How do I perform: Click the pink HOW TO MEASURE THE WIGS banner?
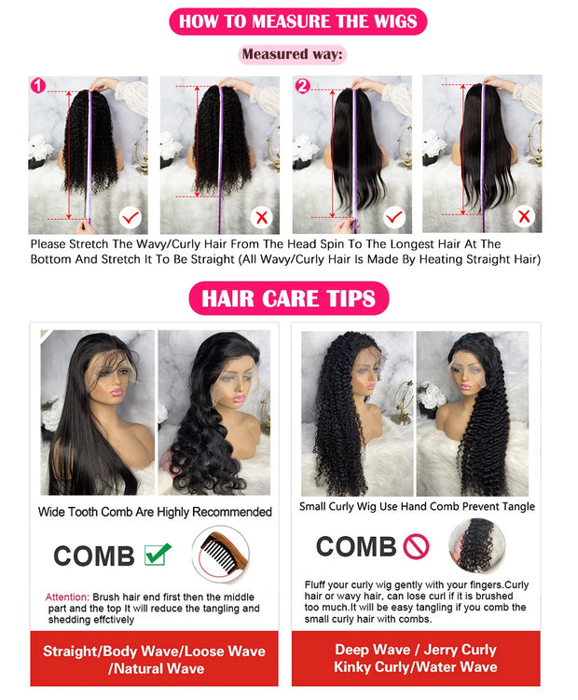pyautogui.click(x=289, y=21)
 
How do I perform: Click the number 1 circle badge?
pyautogui.click(x=38, y=86)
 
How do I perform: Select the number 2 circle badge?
pyautogui.click(x=302, y=87)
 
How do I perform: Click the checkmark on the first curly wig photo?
pyautogui.click(x=131, y=218)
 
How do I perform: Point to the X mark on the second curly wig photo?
pyautogui.click(x=262, y=218)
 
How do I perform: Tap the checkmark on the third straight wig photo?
pyautogui.click(x=394, y=218)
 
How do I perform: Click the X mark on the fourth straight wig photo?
pyautogui.click(x=525, y=217)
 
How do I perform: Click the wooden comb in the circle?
pyautogui.click(x=220, y=555)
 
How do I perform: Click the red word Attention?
pyautogui.click(x=67, y=597)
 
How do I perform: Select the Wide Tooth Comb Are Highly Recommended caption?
pyautogui.click(x=155, y=512)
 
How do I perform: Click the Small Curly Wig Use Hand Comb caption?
pyautogui.click(x=417, y=506)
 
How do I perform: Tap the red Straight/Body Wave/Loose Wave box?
pyautogui.click(x=154, y=659)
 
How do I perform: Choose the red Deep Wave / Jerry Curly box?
pyautogui.click(x=416, y=658)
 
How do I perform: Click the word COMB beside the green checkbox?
pyautogui.click(x=93, y=556)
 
